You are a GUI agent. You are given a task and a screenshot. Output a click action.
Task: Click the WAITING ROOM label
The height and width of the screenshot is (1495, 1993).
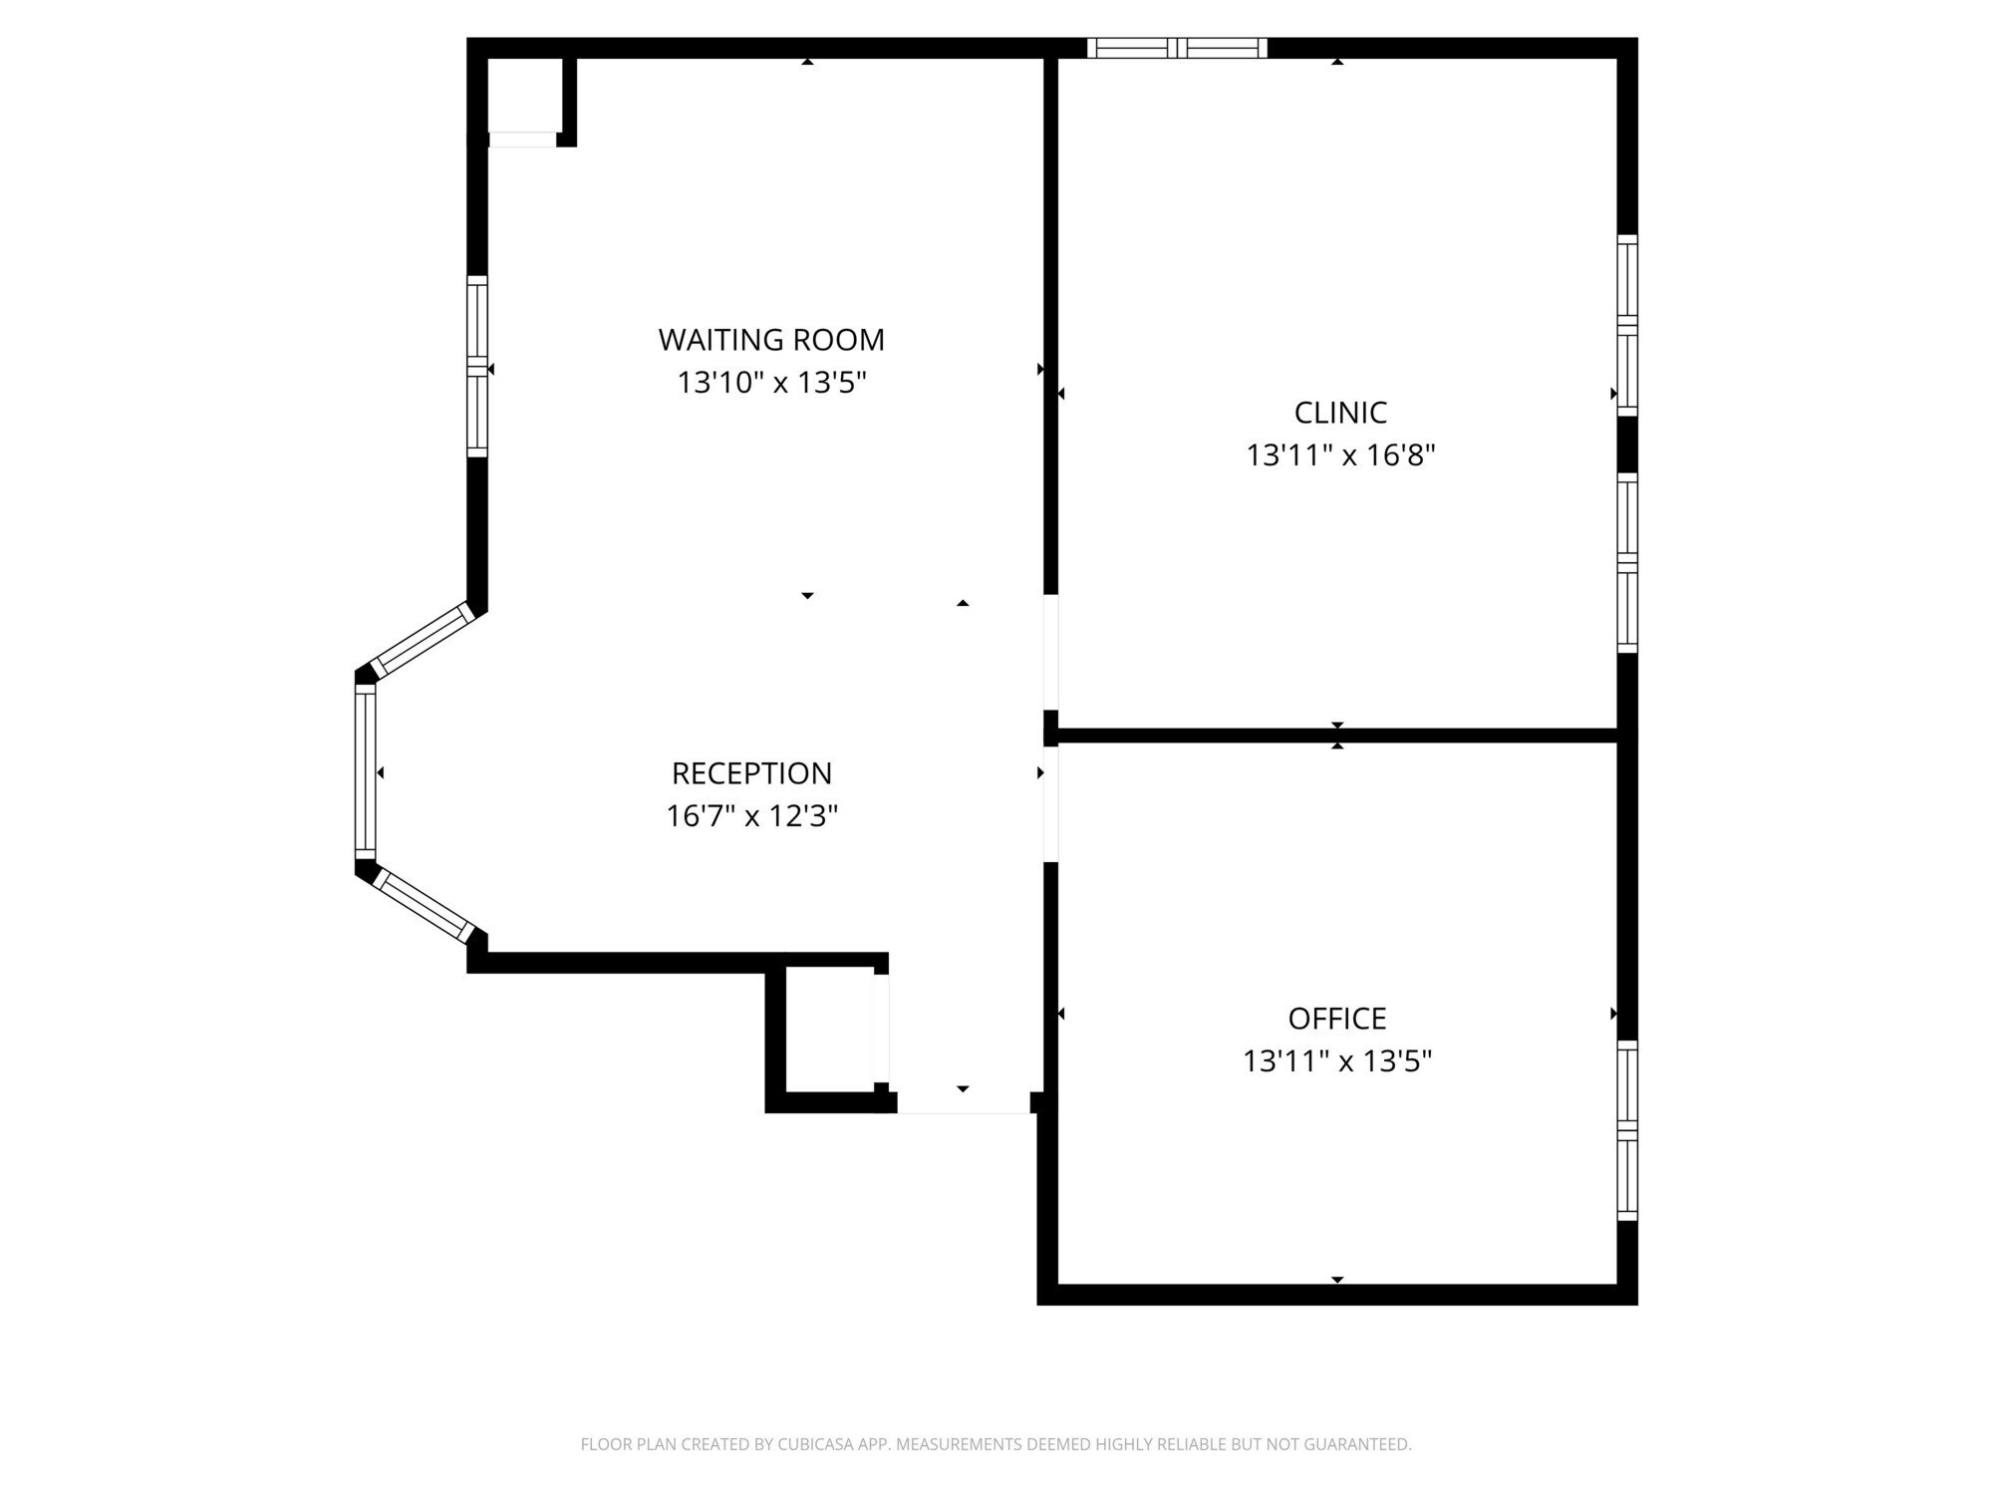(x=771, y=340)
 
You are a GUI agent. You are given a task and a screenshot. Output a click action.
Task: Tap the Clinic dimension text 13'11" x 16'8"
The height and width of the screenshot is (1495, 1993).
(x=1340, y=455)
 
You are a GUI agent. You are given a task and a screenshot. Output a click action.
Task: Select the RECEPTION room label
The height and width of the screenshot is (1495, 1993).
(x=751, y=773)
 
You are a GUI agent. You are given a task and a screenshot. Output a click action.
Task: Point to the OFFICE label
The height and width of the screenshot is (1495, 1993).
(x=1337, y=1019)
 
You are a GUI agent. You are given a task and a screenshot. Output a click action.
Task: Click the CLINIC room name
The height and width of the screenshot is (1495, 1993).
(x=1340, y=413)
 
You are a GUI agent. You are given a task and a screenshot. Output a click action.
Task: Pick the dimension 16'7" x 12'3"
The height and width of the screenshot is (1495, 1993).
(x=751, y=816)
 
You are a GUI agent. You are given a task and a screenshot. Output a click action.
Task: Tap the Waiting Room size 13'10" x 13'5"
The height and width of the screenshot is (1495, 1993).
(x=771, y=383)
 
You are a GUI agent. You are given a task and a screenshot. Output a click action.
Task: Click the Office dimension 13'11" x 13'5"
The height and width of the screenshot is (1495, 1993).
(x=1337, y=1061)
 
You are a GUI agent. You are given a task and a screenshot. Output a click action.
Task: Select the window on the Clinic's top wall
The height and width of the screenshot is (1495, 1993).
(x=1177, y=48)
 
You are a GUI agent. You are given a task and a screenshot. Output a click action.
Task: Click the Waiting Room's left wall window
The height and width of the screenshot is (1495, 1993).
(x=477, y=367)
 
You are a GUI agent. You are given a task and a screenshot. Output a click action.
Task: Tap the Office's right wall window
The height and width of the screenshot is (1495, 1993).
(x=1627, y=1130)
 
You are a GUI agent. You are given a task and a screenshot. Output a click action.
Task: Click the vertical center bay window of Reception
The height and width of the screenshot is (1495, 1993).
(x=366, y=771)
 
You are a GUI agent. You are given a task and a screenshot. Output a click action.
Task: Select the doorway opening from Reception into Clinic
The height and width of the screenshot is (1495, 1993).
(x=1050, y=652)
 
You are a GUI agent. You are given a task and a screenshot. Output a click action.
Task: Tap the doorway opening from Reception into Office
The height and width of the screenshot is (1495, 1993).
(x=1050, y=804)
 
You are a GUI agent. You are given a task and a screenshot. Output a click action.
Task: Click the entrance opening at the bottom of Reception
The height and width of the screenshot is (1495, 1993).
(x=963, y=1102)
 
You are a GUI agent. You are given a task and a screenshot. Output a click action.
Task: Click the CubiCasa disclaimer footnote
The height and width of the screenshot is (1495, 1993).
(x=996, y=1444)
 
